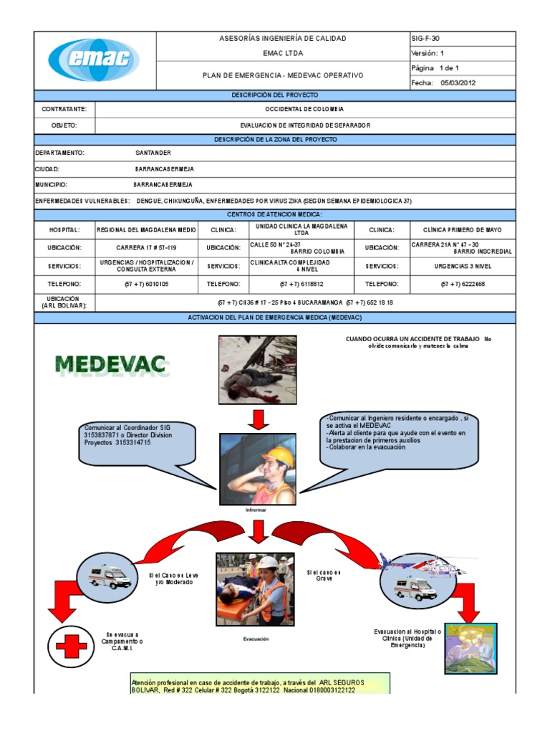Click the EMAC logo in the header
[x=94, y=60]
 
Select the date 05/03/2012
[x=458, y=82]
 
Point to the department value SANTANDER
[x=153, y=153]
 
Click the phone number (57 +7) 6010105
[x=146, y=284]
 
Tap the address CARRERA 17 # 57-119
[x=145, y=247]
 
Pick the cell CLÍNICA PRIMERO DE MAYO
[x=463, y=230]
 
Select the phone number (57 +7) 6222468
[x=463, y=284]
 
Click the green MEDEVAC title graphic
[x=111, y=365]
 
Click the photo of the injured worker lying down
[x=257, y=371]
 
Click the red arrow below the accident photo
[x=257, y=419]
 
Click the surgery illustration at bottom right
[x=471, y=648]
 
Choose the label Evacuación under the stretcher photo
[x=256, y=639]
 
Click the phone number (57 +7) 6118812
[x=304, y=284]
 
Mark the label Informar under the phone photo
[x=256, y=510]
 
